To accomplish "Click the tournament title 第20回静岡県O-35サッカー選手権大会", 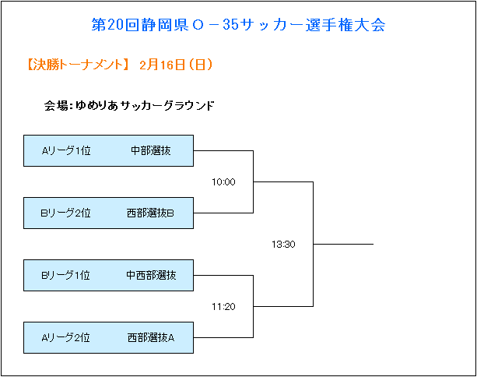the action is tap(238, 25).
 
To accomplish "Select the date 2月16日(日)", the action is tap(176, 65).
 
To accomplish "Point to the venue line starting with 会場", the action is tap(129, 106).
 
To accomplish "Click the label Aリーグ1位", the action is tap(66, 150).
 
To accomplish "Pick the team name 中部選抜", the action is tap(151, 150).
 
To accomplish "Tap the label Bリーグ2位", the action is tap(65, 213).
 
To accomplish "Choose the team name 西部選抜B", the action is tap(150, 213).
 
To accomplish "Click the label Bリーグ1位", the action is tap(65, 275).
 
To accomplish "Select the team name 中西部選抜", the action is tap(151, 275).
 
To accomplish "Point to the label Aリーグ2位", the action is tap(65, 338).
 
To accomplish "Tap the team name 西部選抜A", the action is tap(151, 338).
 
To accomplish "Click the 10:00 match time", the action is tap(223, 182).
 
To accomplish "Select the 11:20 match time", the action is tap(223, 307).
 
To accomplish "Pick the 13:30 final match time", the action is tap(283, 245).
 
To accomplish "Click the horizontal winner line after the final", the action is tap(343, 244).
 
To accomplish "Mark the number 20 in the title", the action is tap(115, 25).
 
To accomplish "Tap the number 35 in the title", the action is tap(230, 25).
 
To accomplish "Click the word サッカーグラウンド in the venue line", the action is tap(167, 106).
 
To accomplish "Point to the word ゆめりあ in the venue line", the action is tap(96, 106).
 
